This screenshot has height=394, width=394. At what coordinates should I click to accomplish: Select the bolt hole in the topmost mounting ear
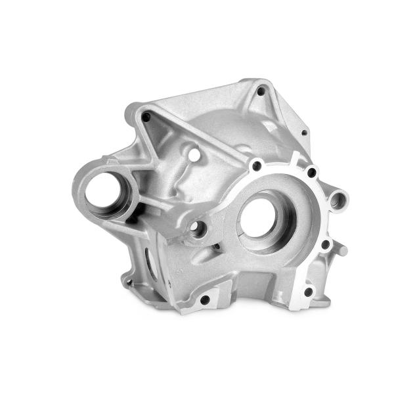click(261, 91)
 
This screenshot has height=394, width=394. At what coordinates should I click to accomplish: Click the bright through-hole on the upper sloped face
click(195, 155)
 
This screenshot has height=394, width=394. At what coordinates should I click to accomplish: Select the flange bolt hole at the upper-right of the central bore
click(311, 172)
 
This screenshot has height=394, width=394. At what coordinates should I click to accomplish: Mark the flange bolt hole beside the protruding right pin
click(324, 245)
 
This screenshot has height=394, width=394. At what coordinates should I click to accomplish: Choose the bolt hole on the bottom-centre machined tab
click(205, 300)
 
